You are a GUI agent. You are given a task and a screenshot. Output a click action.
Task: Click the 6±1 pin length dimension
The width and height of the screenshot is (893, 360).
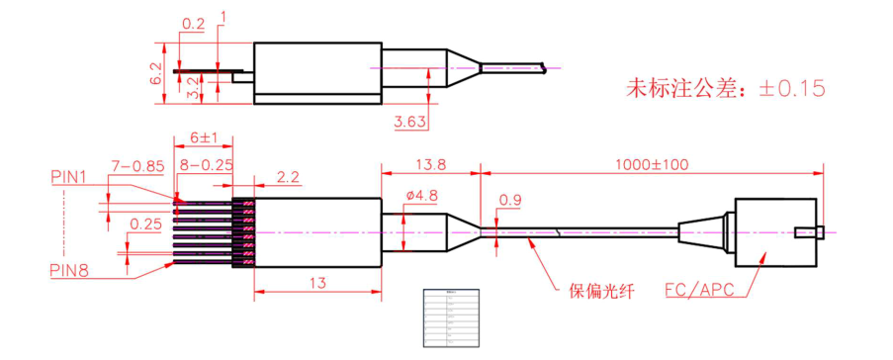(x=204, y=138)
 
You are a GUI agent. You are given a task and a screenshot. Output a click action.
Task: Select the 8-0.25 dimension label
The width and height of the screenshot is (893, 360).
(x=207, y=162)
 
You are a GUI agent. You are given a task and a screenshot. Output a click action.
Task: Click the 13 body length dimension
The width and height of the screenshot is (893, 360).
(x=318, y=283)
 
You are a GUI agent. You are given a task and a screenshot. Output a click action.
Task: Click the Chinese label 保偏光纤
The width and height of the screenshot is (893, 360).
(x=599, y=292)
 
